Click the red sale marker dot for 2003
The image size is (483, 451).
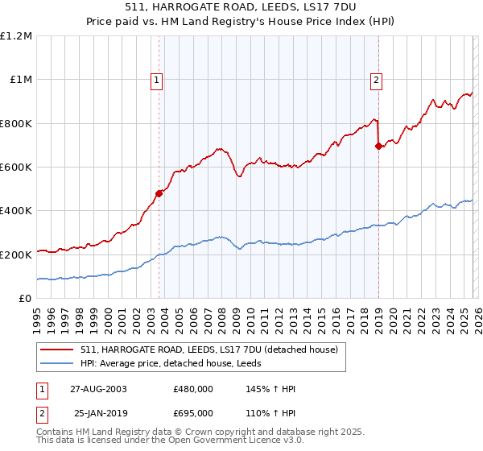(159, 193)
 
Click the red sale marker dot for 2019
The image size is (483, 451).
(378, 147)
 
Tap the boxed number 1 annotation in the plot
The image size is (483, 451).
(156, 80)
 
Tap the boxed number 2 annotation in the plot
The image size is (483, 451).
(376, 80)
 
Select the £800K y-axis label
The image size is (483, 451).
(16, 123)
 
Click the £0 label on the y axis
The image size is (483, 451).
(24, 298)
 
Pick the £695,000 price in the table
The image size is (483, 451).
(192, 412)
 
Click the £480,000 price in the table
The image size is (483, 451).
(192, 388)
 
